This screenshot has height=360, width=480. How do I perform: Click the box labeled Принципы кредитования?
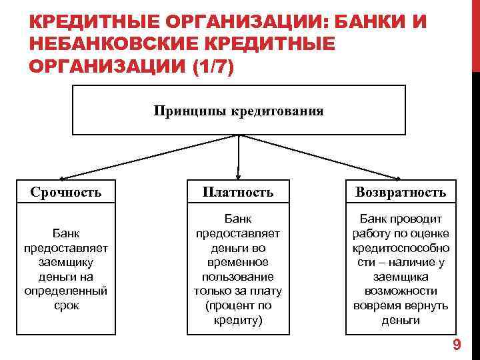coord(238,111)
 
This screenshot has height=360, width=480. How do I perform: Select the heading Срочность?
coord(66,193)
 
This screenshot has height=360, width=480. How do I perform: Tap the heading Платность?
coord(239,193)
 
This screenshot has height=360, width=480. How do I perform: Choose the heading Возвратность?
coord(401,193)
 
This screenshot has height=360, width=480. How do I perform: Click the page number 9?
coord(457,345)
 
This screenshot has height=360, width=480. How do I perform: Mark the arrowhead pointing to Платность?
coord(239,176)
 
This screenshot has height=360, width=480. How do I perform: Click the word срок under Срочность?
coord(66,305)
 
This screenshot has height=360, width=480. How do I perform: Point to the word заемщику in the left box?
coord(66,262)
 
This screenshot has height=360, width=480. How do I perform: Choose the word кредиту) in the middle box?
coord(238,320)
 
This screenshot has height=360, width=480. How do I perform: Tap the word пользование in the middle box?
coord(238,277)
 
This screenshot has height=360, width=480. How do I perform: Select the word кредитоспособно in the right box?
coord(401,247)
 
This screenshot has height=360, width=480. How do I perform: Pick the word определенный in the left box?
coord(66,291)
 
